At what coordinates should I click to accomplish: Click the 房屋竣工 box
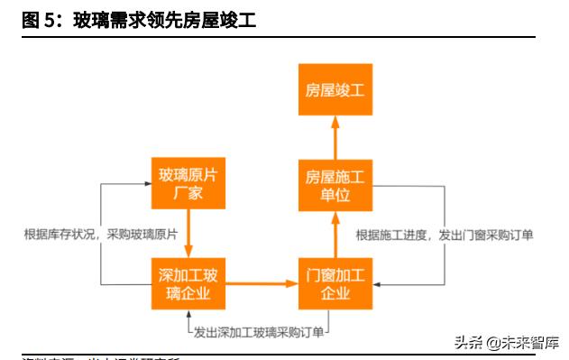point(336,91)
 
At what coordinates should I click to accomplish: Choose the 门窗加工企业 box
point(336,284)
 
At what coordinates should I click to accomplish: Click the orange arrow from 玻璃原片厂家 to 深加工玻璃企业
point(188,233)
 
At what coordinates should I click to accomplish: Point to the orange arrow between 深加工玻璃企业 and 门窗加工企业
point(262,284)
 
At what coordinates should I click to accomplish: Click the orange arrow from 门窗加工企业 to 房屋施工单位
point(336,234)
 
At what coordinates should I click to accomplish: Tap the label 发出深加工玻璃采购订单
point(259,332)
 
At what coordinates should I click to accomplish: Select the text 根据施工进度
point(392,235)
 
